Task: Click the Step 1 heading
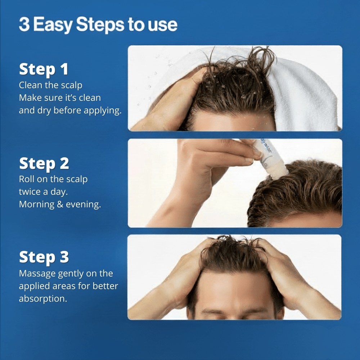click(44, 69)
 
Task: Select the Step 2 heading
click(44, 163)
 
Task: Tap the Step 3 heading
click(44, 257)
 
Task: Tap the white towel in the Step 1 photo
click(306, 90)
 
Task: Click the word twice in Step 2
click(30, 192)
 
